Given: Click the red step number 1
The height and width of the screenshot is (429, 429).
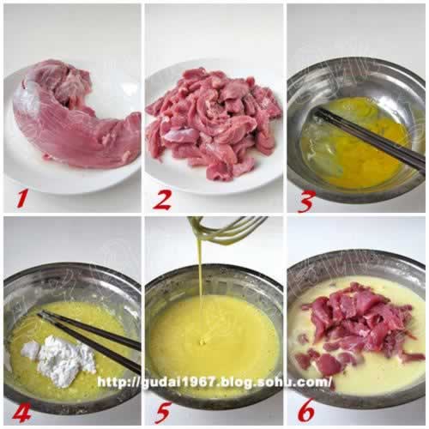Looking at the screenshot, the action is pyautogui.click(x=22, y=199).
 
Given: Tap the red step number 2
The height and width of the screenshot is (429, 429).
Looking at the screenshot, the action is pyautogui.click(x=162, y=199).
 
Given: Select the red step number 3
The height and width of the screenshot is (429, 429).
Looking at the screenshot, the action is pyautogui.click(x=306, y=202).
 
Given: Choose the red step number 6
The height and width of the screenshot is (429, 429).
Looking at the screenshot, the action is pyautogui.click(x=306, y=413).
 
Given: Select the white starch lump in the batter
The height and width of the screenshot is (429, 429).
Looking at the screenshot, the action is pyautogui.click(x=62, y=359).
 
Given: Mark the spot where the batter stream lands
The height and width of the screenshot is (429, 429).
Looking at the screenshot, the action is pyautogui.click(x=202, y=341).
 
